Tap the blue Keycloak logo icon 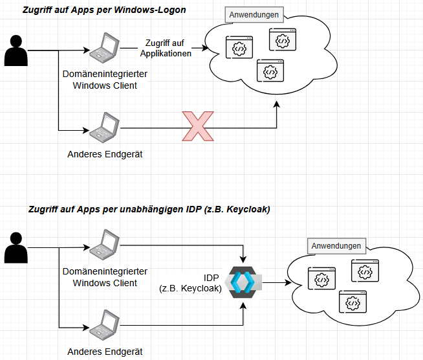[244, 282]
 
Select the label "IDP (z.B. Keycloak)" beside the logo [195, 282]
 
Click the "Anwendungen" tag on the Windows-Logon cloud [253, 14]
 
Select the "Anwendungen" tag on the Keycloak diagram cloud [336, 246]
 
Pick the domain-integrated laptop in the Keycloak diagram [103, 244]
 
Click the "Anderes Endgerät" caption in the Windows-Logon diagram [105, 154]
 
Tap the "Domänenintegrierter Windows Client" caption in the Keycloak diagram [105, 277]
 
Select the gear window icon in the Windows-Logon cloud [282, 40]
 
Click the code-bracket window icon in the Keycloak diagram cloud [364, 272]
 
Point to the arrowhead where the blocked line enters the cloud [277, 105]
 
